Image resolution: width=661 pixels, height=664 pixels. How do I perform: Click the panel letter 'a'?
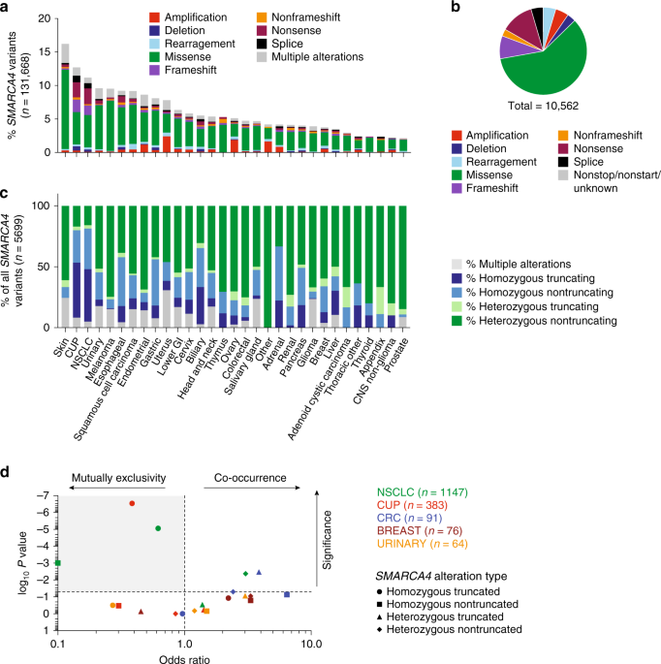(x=8, y=9)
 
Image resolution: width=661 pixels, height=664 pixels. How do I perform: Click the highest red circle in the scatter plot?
(x=132, y=503)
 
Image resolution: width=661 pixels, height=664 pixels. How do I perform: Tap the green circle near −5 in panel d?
(x=157, y=528)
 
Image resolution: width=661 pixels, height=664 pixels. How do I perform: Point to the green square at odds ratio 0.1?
(x=59, y=562)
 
